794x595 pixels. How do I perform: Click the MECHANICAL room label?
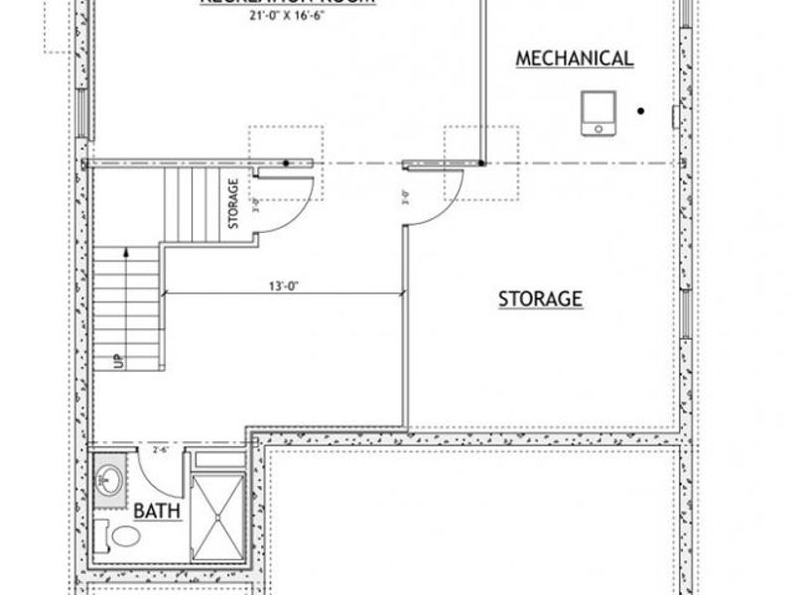pos(575,59)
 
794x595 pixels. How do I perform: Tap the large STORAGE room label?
pos(539,297)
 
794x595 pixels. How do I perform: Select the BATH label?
pos(156,511)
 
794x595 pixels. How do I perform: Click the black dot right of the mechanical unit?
pos(642,111)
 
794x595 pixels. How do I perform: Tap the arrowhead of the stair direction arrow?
pos(125,254)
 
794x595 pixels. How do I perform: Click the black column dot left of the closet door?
pos(287,163)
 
